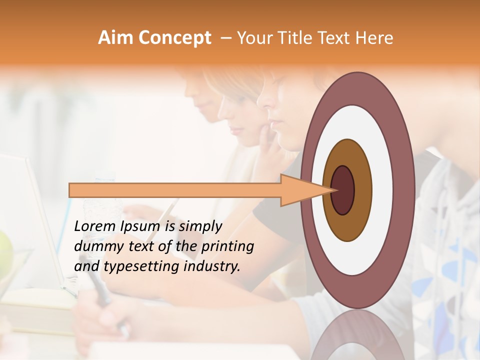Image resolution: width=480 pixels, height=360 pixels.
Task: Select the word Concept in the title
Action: click(x=174, y=38)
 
